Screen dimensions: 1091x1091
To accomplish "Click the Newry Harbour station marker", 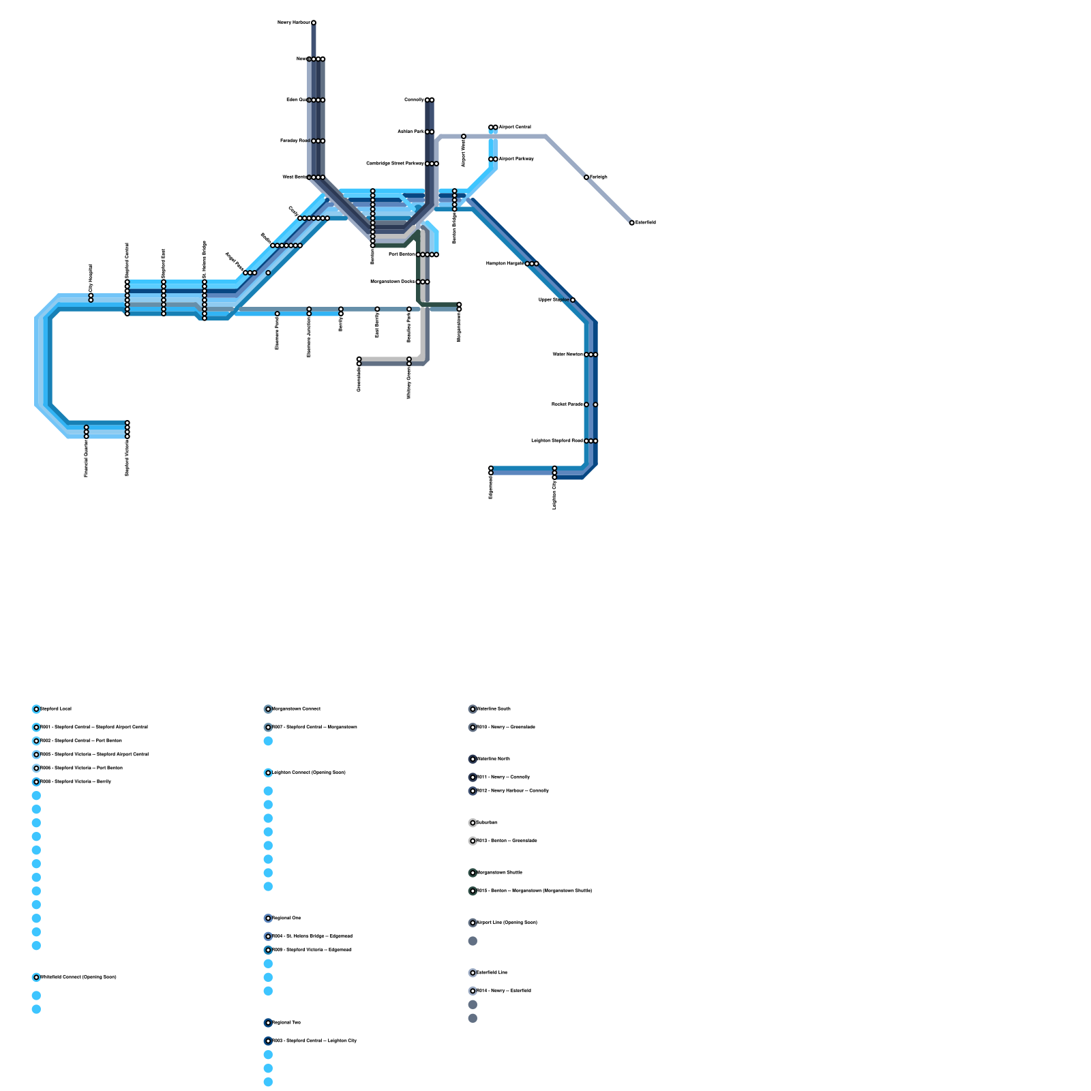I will tap(314, 23).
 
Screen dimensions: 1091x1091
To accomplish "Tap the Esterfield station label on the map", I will tap(646, 223).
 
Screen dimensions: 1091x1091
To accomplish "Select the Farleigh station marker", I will tap(586, 177).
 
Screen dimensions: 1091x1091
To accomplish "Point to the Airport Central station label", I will tap(515, 128).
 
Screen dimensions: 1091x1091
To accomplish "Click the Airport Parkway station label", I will tap(516, 159).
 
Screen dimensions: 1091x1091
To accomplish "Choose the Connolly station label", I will tap(414, 100).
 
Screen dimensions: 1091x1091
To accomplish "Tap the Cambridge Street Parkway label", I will tap(395, 164).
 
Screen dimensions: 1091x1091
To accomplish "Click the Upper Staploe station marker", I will tap(573, 300).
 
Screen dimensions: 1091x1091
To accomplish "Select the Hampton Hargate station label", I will tap(505, 263).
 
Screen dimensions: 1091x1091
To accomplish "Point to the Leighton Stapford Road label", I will tap(556, 441).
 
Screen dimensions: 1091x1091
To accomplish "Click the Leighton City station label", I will tap(554, 494).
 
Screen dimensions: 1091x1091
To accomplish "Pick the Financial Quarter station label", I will tap(87, 458).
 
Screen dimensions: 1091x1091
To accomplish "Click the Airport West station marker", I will tap(464, 136).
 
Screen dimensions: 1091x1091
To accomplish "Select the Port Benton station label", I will tap(402, 254).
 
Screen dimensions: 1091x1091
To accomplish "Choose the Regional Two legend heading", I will tap(286, 1023).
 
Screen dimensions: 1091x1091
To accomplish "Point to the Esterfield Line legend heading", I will tap(492, 973).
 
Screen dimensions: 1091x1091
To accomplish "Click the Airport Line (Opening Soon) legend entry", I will tap(507, 923).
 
